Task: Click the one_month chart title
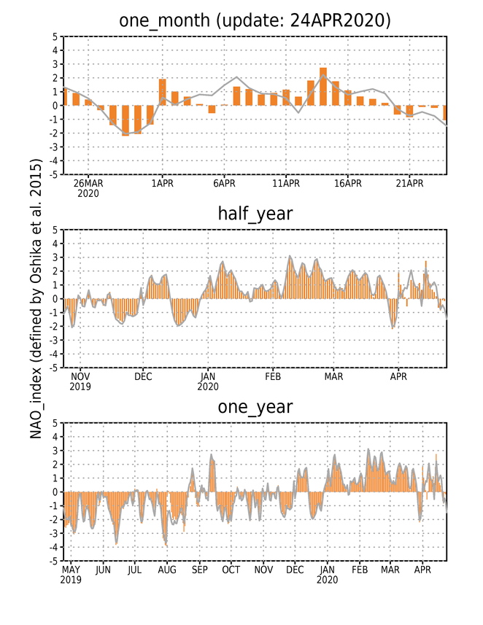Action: pyautogui.click(x=255, y=20)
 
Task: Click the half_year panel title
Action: pyautogui.click(x=255, y=214)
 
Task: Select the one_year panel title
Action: pyautogui.click(x=255, y=407)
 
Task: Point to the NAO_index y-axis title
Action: pyautogui.click(x=36, y=298)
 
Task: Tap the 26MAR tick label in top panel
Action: pyautogui.click(x=88, y=184)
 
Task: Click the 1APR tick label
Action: pyautogui.click(x=162, y=184)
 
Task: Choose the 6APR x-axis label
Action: pyautogui.click(x=224, y=184)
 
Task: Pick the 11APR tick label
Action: pyautogui.click(x=286, y=184)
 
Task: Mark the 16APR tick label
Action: pyautogui.click(x=348, y=184)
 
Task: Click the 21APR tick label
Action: pyautogui.click(x=409, y=184)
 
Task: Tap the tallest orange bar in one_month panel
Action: pyautogui.click(x=323, y=87)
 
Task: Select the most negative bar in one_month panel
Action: pyautogui.click(x=125, y=121)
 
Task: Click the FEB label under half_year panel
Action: pyautogui.click(x=273, y=376)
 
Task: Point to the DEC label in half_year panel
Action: pyautogui.click(x=143, y=376)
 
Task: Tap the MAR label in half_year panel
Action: pyautogui.click(x=333, y=376)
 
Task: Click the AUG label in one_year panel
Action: pyautogui.click(x=167, y=570)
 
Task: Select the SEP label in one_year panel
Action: pyautogui.click(x=199, y=570)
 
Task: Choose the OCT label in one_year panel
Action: pyautogui.click(x=231, y=570)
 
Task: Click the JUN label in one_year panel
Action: pyautogui.click(x=103, y=570)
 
